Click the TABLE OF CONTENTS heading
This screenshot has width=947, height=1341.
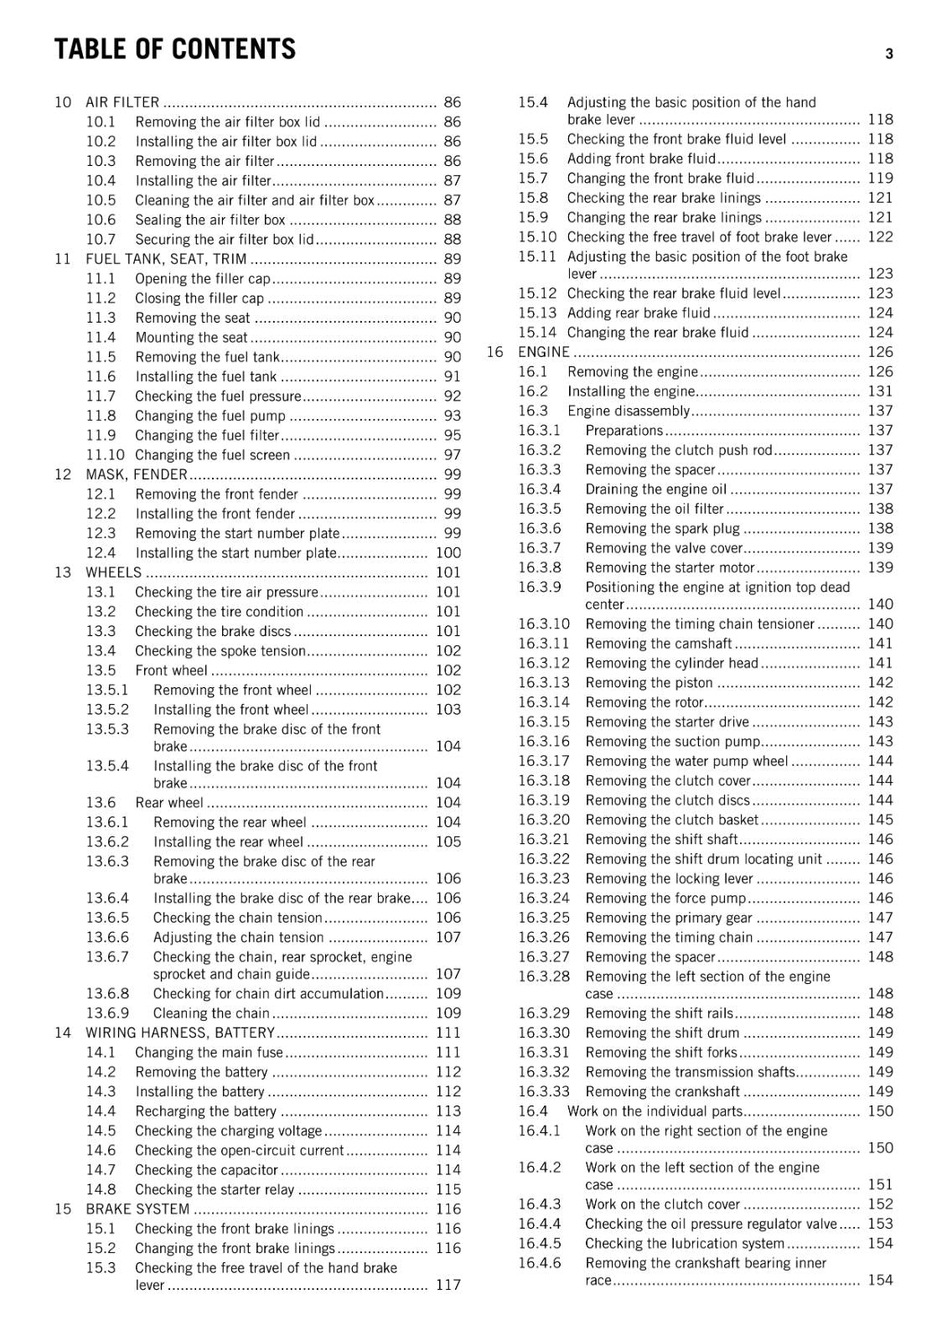pyautogui.click(x=174, y=49)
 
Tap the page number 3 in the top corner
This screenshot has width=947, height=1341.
pyautogui.click(x=889, y=54)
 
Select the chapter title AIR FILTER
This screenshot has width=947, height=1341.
pyautogui.click(x=122, y=102)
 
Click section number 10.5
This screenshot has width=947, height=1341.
pyautogui.click(x=101, y=200)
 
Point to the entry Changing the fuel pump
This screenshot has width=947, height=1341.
pyautogui.click(x=210, y=416)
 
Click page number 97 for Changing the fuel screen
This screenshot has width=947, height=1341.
pyautogui.click(x=452, y=455)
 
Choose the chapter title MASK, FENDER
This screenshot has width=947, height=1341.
pyautogui.click(x=136, y=474)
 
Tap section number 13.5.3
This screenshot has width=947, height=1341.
pyautogui.click(x=107, y=729)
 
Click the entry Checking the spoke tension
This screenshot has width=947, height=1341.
pyautogui.click(x=220, y=651)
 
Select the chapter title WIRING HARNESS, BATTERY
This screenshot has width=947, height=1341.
pyautogui.click(x=180, y=1033)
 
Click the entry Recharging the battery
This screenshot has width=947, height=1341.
pyautogui.click(x=205, y=1111)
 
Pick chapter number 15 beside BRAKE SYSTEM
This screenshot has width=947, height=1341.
pyautogui.click(x=63, y=1209)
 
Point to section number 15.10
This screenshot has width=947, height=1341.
pyautogui.click(x=536, y=237)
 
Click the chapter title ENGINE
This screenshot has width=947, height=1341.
pyautogui.click(x=543, y=352)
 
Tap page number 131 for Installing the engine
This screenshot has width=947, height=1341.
pyautogui.click(x=880, y=391)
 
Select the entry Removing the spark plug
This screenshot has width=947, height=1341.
pyautogui.click(x=662, y=529)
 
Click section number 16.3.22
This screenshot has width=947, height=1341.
pyautogui.click(x=543, y=859)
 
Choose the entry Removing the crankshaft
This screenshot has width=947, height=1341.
pyautogui.click(x=662, y=1091)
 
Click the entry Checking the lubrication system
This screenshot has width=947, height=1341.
pyautogui.click(x=684, y=1244)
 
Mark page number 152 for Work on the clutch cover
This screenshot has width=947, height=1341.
pyautogui.click(x=880, y=1204)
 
